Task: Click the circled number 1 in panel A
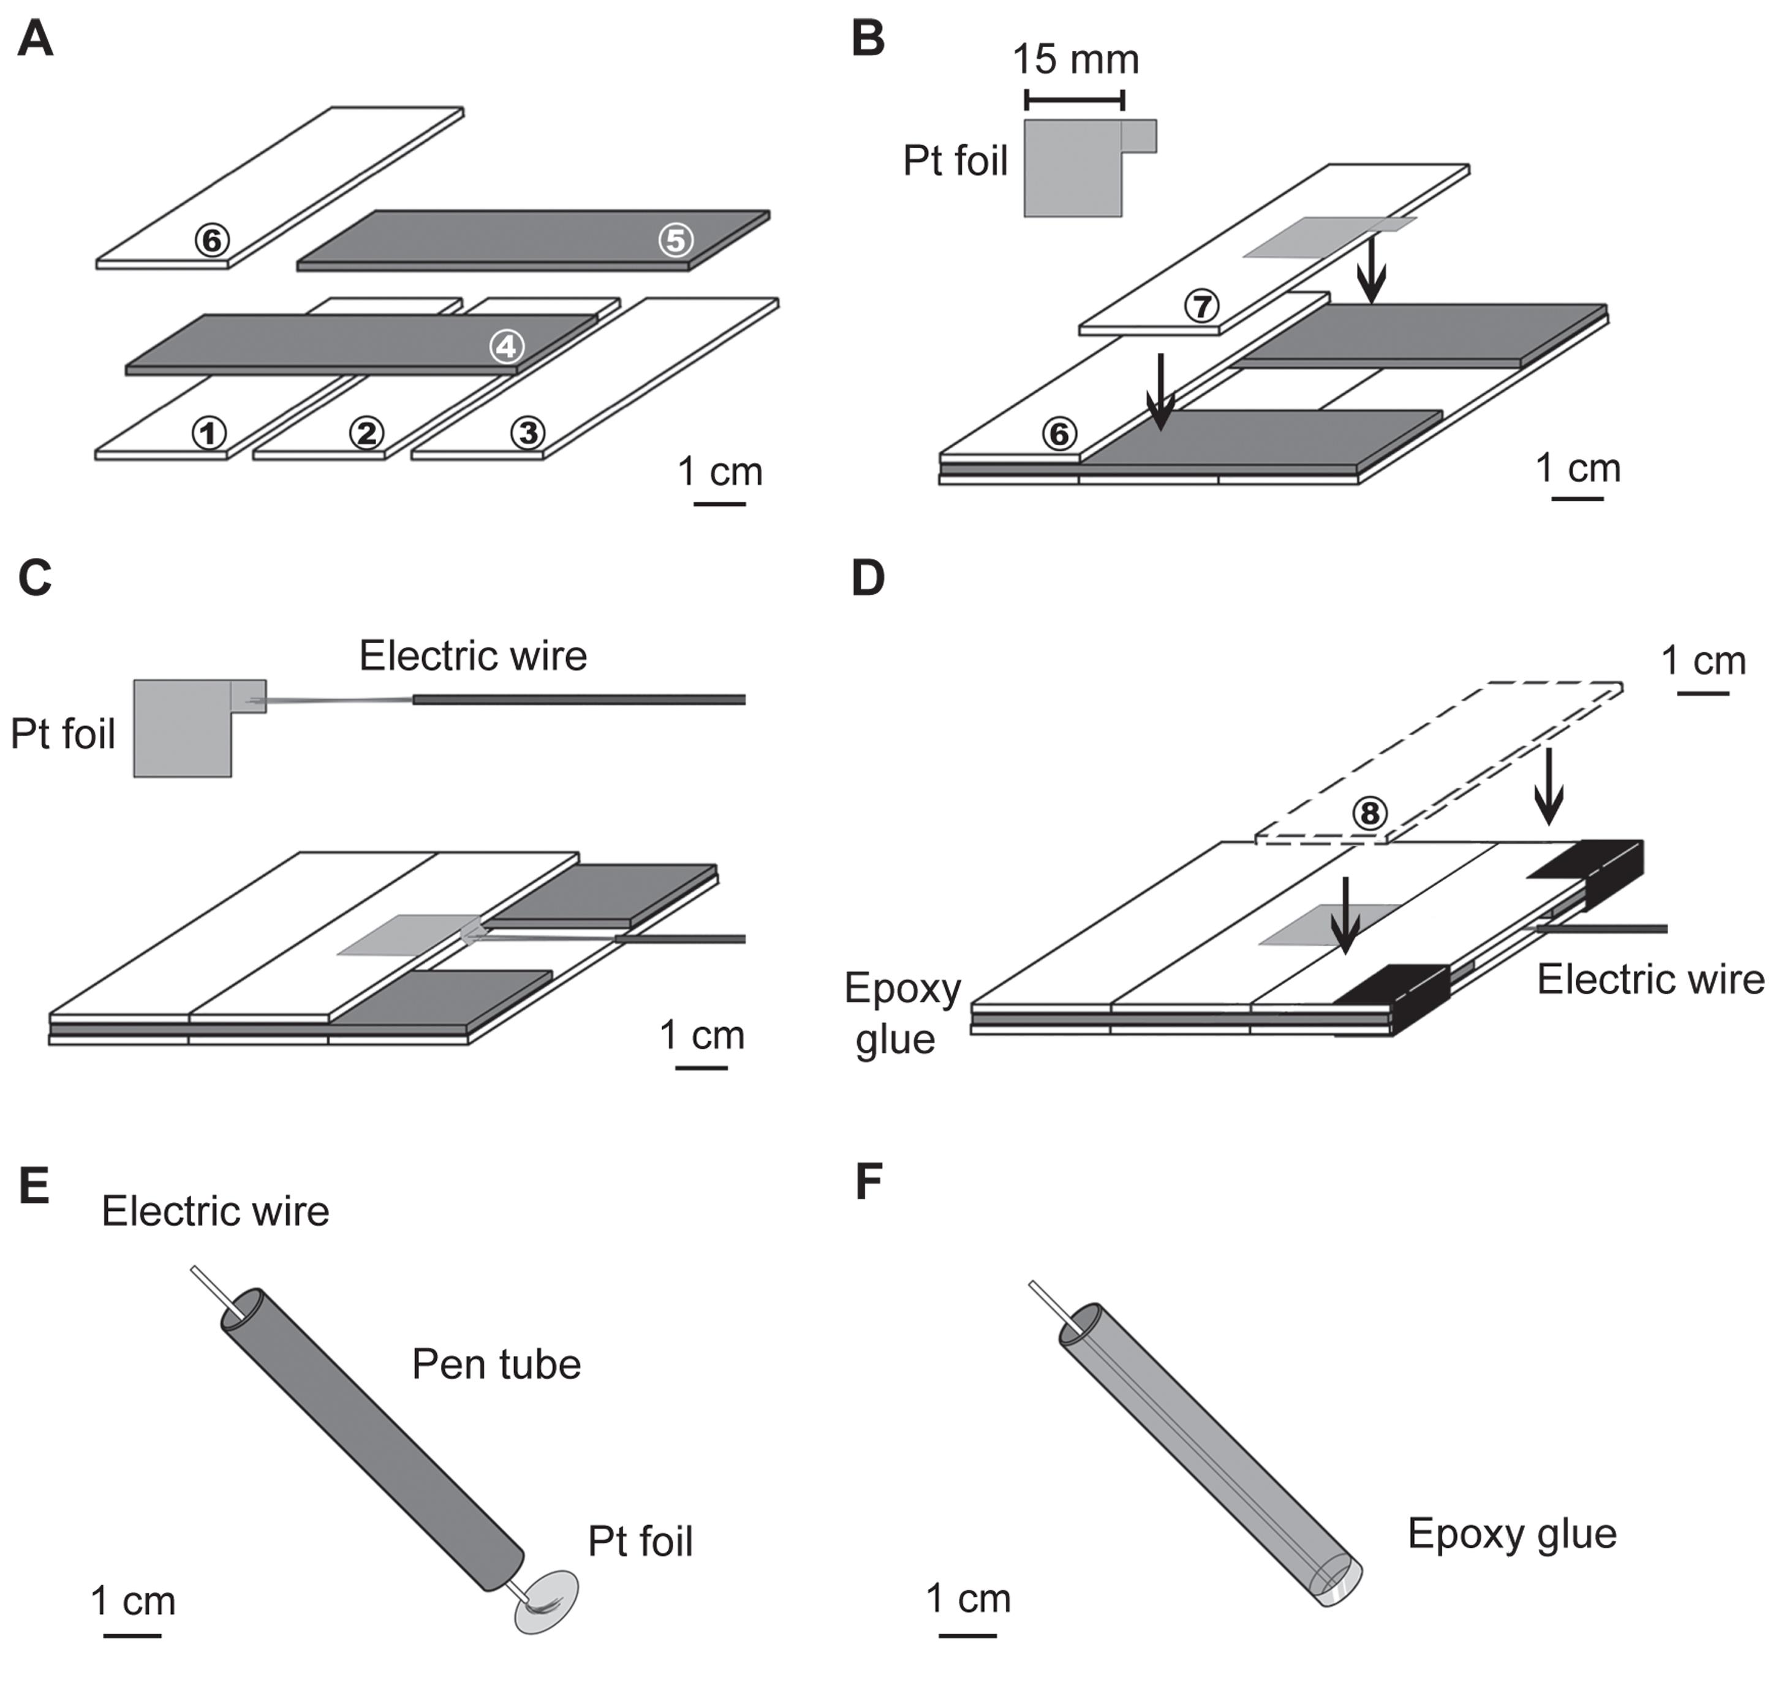pos(209,434)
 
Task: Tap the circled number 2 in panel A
pos(366,434)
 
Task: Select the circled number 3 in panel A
pos(527,434)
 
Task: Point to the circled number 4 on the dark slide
pos(507,347)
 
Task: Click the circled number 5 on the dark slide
pos(676,240)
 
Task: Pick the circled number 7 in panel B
pos(1201,307)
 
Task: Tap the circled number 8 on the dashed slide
pos(1369,813)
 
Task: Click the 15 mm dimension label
pos(1075,59)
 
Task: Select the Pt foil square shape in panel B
pos(1075,168)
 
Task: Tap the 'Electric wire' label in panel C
pos(474,656)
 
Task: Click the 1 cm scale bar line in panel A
pos(720,504)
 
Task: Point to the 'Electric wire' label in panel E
pos(215,1211)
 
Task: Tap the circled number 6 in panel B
pos(1059,434)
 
